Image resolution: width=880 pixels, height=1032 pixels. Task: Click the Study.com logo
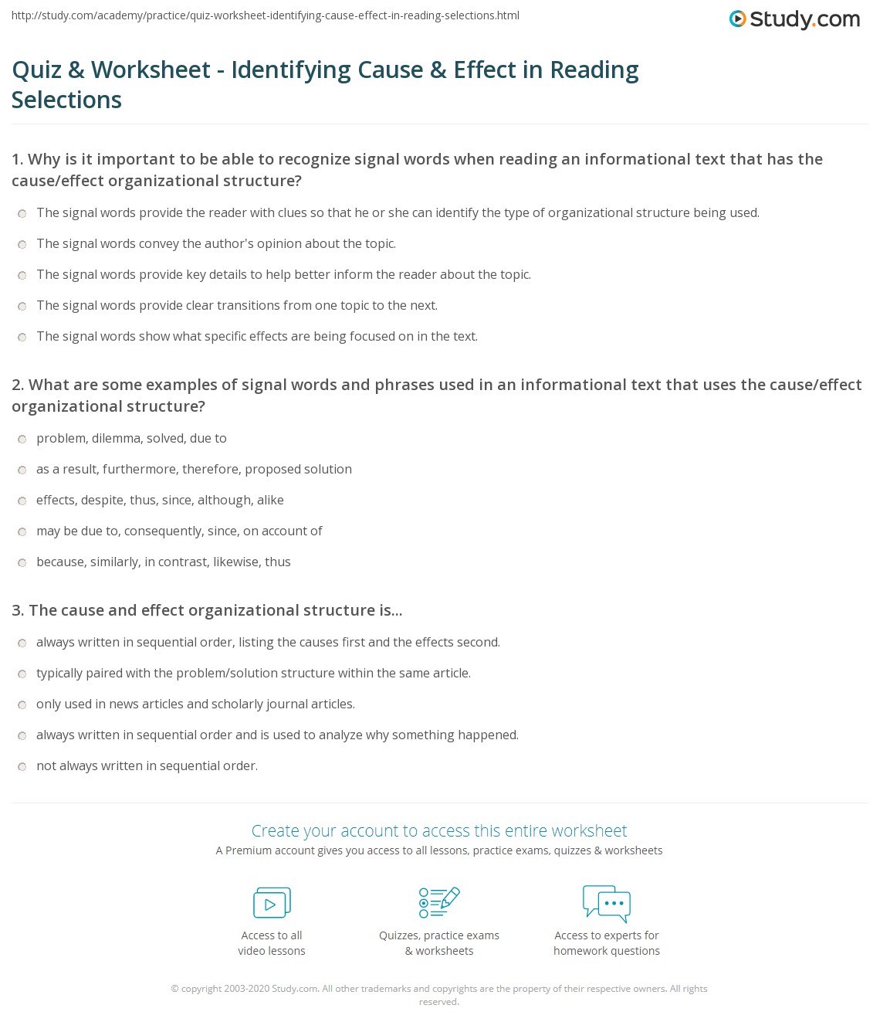point(794,19)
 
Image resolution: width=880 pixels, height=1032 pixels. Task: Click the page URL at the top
point(266,15)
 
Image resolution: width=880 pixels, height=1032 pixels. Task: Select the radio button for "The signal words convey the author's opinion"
point(22,244)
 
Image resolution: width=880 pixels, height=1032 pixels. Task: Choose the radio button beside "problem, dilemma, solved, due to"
point(22,439)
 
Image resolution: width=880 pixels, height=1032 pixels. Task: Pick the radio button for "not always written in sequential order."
point(22,766)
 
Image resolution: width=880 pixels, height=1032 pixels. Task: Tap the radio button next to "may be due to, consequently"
point(22,531)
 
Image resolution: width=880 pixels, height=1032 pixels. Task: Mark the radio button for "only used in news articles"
point(22,704)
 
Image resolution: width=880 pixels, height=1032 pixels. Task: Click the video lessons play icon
point(272,902)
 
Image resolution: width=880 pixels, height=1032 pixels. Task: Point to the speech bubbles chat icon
point(607,903)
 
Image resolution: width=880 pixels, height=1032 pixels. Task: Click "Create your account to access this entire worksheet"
point(439,830)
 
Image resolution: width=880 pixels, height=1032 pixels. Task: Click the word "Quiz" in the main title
point(36,70)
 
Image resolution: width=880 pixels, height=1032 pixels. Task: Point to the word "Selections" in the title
point(66,100)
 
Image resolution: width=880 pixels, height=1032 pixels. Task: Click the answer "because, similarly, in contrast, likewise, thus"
point(164,562)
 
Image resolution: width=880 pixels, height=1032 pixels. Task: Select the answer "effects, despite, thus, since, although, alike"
point(160,500)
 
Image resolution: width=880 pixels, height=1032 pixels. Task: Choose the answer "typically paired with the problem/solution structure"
point(253,673)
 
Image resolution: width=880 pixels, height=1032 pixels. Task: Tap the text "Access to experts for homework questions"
point(607,942)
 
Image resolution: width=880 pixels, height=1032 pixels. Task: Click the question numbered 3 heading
point(207,610)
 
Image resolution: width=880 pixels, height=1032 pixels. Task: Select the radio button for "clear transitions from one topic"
point(22,306)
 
